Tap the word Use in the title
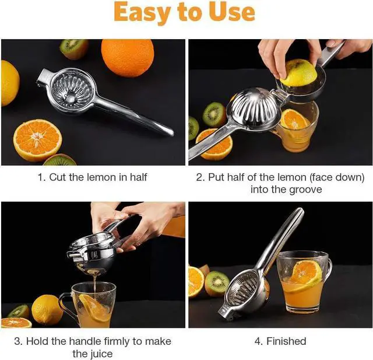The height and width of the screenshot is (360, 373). [x=229, y=12]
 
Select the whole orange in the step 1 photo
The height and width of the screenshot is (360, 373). [x=128, y=58]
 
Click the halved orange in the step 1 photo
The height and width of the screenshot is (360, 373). [x=37, y=140]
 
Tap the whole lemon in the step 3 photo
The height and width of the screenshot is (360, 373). [x=47, y=309]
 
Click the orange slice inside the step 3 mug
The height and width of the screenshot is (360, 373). [x=93, y=308]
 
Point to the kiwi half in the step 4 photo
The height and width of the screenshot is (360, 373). [x=217, y=283]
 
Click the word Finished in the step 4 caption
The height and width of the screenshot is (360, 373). [x=286, y=341]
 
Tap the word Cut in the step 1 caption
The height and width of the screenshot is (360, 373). [x=58, y=177]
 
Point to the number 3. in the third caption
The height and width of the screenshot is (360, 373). [x=18, y=341]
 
